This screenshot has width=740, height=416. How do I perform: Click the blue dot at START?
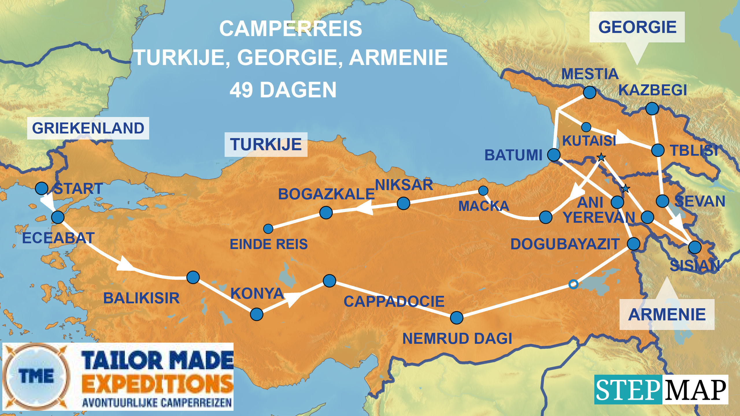point(42,188)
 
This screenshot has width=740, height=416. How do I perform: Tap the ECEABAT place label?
point(58,238)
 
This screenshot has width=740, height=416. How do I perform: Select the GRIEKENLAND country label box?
point(88,128)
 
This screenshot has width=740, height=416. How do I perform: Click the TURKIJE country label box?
point(266,144)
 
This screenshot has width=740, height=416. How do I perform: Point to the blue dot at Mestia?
point(589,92)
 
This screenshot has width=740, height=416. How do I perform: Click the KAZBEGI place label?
point(652,90)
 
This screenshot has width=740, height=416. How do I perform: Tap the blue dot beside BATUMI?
point(554,155)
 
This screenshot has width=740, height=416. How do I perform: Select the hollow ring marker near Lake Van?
point(573,284)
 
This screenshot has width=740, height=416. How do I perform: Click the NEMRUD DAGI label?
point(457,339)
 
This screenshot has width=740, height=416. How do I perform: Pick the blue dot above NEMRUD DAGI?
point(457,318)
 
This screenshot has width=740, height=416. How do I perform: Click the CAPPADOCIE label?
point(394,302)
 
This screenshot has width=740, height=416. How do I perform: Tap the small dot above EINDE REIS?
point(268,229)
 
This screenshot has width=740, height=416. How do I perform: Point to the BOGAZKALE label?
point(326,194)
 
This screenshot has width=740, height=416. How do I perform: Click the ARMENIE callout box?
point(667,315)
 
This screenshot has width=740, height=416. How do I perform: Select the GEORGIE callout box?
point(637,27)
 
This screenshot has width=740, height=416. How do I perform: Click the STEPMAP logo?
point(661,390)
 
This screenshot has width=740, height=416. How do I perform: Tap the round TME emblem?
point(36,377)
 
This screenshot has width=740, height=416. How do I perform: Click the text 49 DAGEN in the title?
point(283,90)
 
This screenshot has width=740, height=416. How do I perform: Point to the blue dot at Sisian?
point(695,247)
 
